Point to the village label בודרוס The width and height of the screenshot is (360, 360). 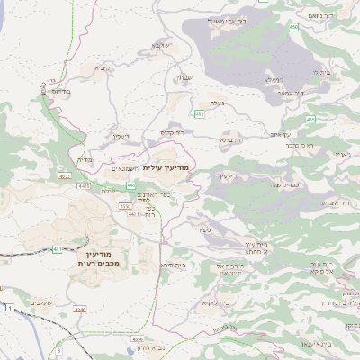click(x=55, y=91)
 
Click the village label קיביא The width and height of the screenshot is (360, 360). click(x=103, y=67)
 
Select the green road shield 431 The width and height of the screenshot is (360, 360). click(x=56, y=248)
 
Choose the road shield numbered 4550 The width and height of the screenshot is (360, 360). click(x=125, y=206)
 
